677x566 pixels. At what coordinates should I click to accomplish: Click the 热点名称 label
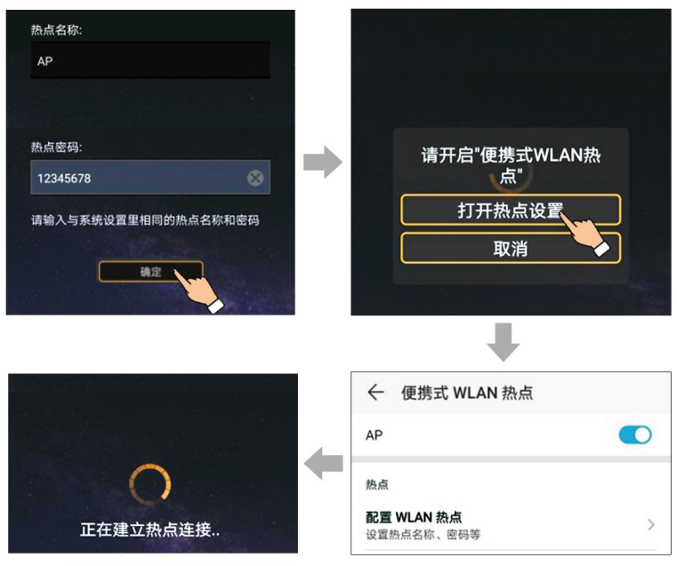pos(56,30)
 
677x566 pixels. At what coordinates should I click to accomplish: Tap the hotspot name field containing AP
pos(149,61)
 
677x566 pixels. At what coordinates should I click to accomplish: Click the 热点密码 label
pos(56,147)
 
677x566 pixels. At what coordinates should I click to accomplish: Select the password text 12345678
pos(64,179)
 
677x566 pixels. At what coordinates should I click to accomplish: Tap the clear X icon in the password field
pos(255,179)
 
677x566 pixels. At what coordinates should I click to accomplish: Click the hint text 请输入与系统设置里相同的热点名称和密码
pos(145,219)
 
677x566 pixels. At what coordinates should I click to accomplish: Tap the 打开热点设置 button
pos(510,210)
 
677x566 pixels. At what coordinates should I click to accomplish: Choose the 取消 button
pos(510,249)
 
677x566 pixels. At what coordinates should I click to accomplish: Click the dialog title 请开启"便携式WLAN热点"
pos(510,163)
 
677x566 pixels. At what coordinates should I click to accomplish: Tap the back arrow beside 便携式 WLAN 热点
pos(375,392)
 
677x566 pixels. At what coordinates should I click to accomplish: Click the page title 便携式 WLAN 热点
pos(467,393)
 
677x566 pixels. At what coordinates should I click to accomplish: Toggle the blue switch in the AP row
pos(635,435)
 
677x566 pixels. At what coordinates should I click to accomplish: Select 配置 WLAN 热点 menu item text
pos(414,516)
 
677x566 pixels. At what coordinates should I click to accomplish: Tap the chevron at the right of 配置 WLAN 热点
pos(650,524)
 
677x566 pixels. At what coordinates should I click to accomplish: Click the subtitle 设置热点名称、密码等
pos(423,535)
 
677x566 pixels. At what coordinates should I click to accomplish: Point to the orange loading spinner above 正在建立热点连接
pos(150,483)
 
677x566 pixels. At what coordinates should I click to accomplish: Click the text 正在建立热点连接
pos(149,530)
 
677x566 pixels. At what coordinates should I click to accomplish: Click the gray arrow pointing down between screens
pos(504,343)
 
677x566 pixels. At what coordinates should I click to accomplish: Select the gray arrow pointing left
pos(324,462)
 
